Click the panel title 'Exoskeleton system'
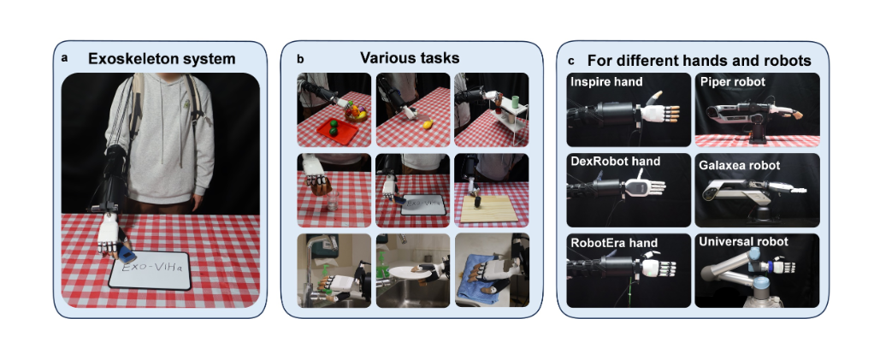(x=162, y=58)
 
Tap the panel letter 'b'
(x=300, y=58)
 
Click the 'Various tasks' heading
(x=410, y=58)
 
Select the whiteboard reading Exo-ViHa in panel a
(x=150, y=269)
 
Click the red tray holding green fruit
(x=337, y=130)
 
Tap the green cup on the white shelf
(x=515, y=102)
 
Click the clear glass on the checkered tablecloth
(x=333, y=202)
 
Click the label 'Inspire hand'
(x=606, y=82)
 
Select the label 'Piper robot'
(x=732, y=82)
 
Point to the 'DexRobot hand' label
(x=615, y=162)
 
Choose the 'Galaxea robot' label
(x=739, y=166)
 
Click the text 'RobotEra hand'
(x=614, y=244)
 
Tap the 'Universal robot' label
(x=744, y=242)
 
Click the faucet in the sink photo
(x=321, y=247)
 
